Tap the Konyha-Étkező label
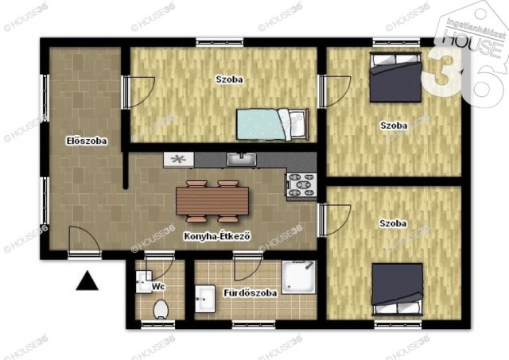click(x=217, y=235)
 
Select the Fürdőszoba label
click(x=250, y=292)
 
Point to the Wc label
click(x=158, y=285)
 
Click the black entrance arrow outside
click(x=88, y=280)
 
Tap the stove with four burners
click(x=301, y=185)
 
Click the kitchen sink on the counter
click(x=240, y=160)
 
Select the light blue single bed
click(x=271, y=123)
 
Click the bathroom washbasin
click(x=204, y=299)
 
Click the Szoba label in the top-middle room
click(x=229, y=79)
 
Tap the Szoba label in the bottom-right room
click(x=393, y=223)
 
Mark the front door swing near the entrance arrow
click(x=82, y=241)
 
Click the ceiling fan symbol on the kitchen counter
click(x=178, y=159)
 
